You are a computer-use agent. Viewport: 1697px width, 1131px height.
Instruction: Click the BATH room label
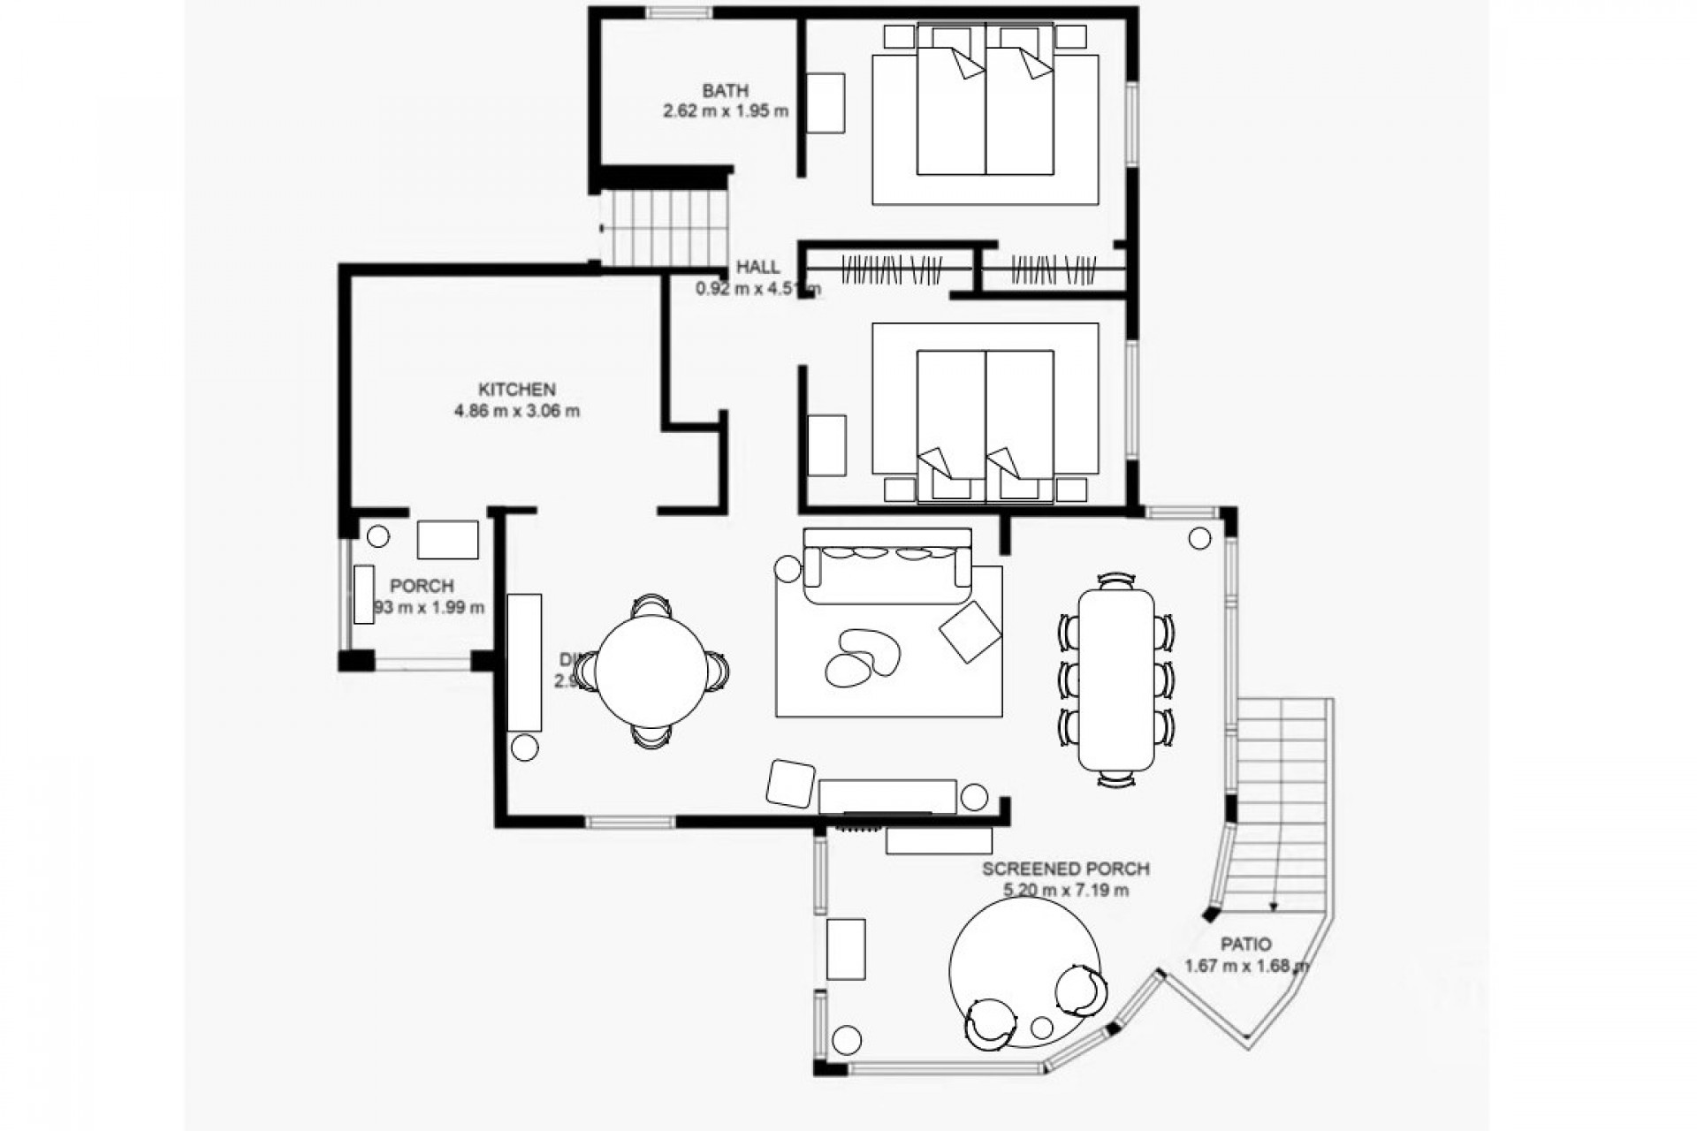(x=725, y=90)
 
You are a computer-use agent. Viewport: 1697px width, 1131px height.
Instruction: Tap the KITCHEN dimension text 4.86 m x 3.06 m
(x=517, y=411)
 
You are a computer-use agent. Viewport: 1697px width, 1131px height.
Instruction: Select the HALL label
(x=758, y=267)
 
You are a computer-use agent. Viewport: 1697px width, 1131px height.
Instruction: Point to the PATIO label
(x=1247, y=944)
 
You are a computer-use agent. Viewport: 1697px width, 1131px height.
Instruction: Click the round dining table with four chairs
(x=651, y=672)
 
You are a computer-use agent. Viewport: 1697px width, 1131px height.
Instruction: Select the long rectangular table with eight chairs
(x=1116, y=679)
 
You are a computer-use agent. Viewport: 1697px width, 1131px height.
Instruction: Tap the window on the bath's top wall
(x=677, y=12)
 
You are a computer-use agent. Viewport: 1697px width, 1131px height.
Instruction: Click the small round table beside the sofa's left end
(x=787, y=569)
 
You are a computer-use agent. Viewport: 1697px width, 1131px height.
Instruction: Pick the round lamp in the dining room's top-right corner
(x=1199, y=538)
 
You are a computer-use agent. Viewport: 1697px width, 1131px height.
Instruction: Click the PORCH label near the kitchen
(x=422, y=586)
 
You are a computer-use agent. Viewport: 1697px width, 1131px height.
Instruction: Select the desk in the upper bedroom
(x=826, y=103)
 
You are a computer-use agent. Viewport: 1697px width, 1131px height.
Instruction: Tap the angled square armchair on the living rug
(x=970, y=631)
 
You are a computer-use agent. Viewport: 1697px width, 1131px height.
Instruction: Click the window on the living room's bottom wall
(x=629, y=823)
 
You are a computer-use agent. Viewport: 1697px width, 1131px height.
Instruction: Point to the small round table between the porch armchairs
(x=1043, y=1028)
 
